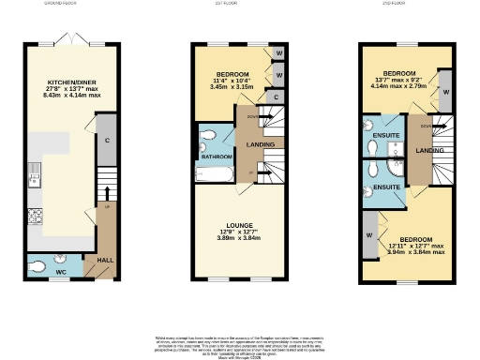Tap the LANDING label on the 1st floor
(x=260, y=144)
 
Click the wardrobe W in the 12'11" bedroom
(x=369, y=234)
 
